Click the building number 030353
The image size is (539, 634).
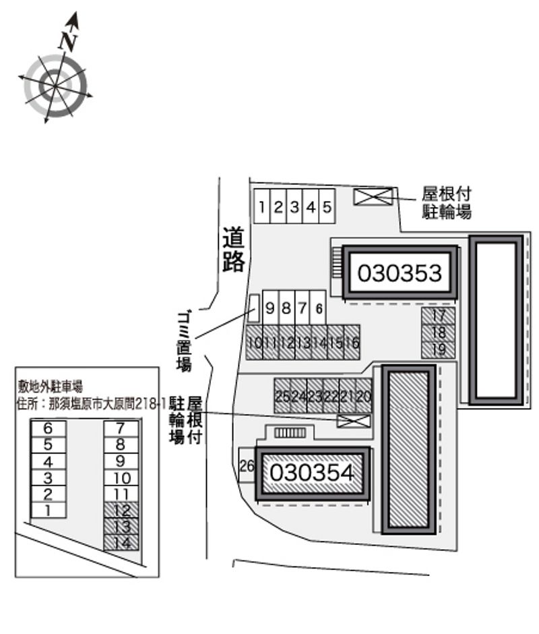pyautogui.click(x=400, y=273)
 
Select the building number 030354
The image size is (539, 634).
pyautogui.click(x=312, y=473)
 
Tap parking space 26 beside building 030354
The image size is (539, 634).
pyautogui.click(x=247, y=465)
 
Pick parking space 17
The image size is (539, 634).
pyautogui.click(x=439, y=316)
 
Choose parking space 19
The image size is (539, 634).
pyautogui.click(x=439, y=349)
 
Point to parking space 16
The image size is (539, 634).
pyautogui.click(x=352, y=343)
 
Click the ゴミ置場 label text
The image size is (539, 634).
pyautogui.click(x=183, y=340)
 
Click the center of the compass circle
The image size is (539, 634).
pyautogui.click(x=54, y=84)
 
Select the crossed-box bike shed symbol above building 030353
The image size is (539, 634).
pyautogui.click(x=373, y=196)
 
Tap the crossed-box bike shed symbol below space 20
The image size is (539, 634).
pyautogui.click(x=354, y=422)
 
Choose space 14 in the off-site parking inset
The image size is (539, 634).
pyautogui.click(x=121, y=542)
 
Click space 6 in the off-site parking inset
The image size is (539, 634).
pyautogui.click(x=48, y=428)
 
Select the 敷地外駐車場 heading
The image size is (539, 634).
pyautogui.click(x=51, y=386)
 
